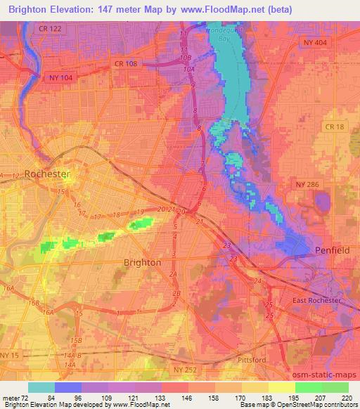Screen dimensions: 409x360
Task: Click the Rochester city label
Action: pyautogui.click(x=46, y=174)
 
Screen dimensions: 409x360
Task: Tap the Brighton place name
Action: pyautogui.click(x=142, y=262)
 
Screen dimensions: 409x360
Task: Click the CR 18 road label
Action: pyautogui.click(x=335, y=126)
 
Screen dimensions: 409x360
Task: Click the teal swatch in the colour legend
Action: pyautogui.click(x=41, y=387)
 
